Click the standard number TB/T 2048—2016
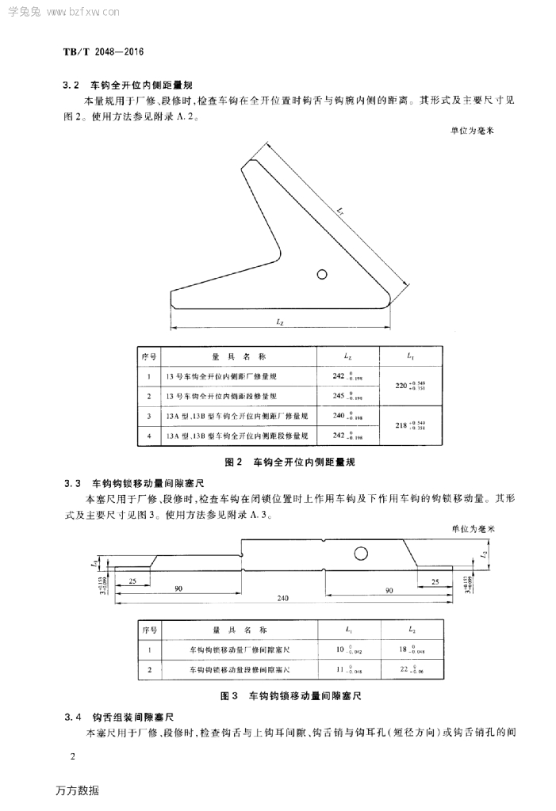point(102,51)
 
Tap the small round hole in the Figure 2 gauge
point(322,274)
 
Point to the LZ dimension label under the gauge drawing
point(281,322)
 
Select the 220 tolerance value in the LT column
point(412,385)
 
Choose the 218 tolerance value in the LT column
point(412,425)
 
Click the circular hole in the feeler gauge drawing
point(361,552)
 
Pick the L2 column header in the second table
point(412,630)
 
